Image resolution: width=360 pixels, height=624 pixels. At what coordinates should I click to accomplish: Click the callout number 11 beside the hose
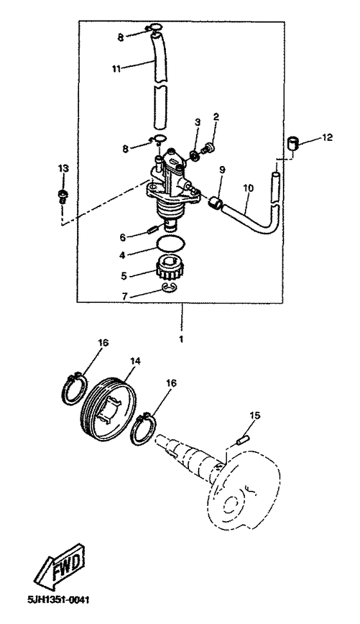116,69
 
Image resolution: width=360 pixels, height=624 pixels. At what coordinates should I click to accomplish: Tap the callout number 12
327,138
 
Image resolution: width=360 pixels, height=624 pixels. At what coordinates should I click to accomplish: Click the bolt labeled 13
62,196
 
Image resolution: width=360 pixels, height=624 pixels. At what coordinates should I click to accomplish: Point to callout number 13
63,169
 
